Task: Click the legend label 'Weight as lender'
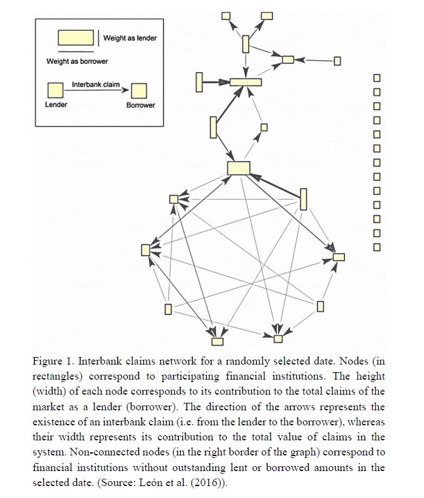pos(130,38)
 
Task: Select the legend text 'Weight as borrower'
pos(76,61)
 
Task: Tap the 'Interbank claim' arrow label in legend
pos(96,84)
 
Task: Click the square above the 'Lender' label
pos(55,91)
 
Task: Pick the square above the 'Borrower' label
pos(139,91)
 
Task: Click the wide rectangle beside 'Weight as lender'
pos(76,38)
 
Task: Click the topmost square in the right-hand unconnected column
pos(377,78)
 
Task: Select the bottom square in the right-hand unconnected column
pos(377,247)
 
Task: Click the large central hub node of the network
pos(239,168)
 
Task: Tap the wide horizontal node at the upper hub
pos(246,82)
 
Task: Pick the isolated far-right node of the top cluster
pos(338,61)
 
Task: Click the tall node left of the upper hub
pos(199,81)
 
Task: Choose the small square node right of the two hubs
pos(264,127)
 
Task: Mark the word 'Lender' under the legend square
pos(56,105)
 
